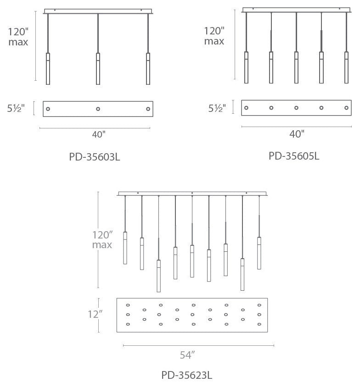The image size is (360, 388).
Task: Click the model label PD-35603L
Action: (95, 157)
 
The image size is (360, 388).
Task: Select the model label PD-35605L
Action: (294, 156)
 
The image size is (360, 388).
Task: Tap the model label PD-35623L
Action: (187, 375)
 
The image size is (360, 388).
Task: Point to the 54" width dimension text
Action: (187, 355)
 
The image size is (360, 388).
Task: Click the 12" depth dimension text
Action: (95, 314)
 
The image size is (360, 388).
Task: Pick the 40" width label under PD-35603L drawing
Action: (99, 135)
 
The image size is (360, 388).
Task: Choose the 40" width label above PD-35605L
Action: (297, 134)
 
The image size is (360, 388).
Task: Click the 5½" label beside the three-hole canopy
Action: (16, 108)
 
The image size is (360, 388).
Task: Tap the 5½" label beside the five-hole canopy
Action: (217, 108)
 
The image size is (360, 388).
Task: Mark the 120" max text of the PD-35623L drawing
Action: (102, 240)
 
